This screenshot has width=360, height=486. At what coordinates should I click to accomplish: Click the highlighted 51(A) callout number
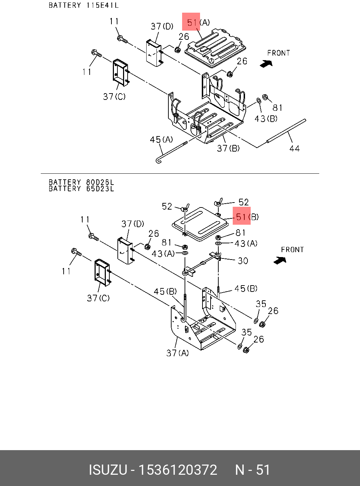click(x=192, y=23)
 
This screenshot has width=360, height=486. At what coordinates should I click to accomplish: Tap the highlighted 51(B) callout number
click(x=241, y=217)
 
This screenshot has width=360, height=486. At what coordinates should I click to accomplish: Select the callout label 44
click(x=295, y=148)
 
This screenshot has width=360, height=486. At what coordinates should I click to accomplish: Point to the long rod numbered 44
click(x=286, y=131)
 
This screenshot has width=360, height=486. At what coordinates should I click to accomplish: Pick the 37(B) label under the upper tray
click(x=228, y=148)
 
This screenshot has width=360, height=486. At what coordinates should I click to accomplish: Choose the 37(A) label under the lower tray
click(x=178, y=353)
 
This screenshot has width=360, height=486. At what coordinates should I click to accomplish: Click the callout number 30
click(x=243, y=261)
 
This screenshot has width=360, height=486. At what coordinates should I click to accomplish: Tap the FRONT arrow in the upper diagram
click(x=266, y=64)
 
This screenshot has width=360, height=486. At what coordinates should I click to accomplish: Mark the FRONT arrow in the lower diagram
click(x=280, y=260)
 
